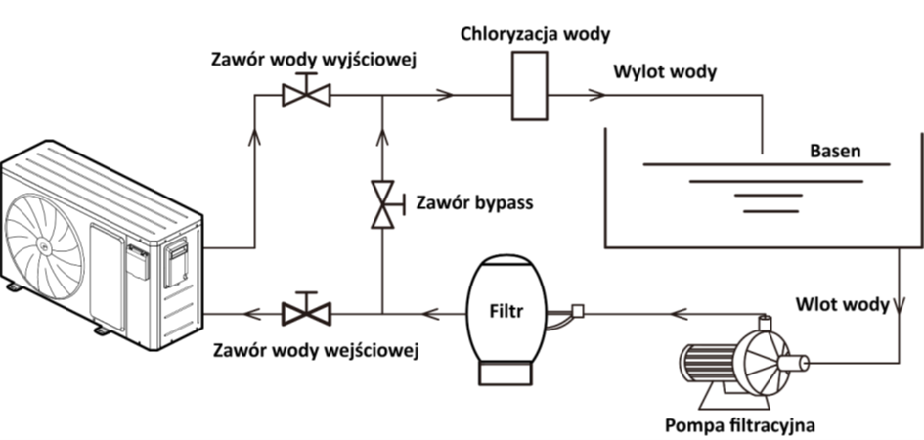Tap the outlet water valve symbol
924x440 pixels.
306,94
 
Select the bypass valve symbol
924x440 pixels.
382,204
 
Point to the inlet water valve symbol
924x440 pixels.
306,313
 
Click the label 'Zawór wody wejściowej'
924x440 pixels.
315,349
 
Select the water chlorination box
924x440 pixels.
531,85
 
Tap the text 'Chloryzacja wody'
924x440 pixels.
536,35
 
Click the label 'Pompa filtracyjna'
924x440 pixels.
738,425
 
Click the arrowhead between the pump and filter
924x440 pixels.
676,313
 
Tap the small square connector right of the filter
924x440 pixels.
577,311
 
